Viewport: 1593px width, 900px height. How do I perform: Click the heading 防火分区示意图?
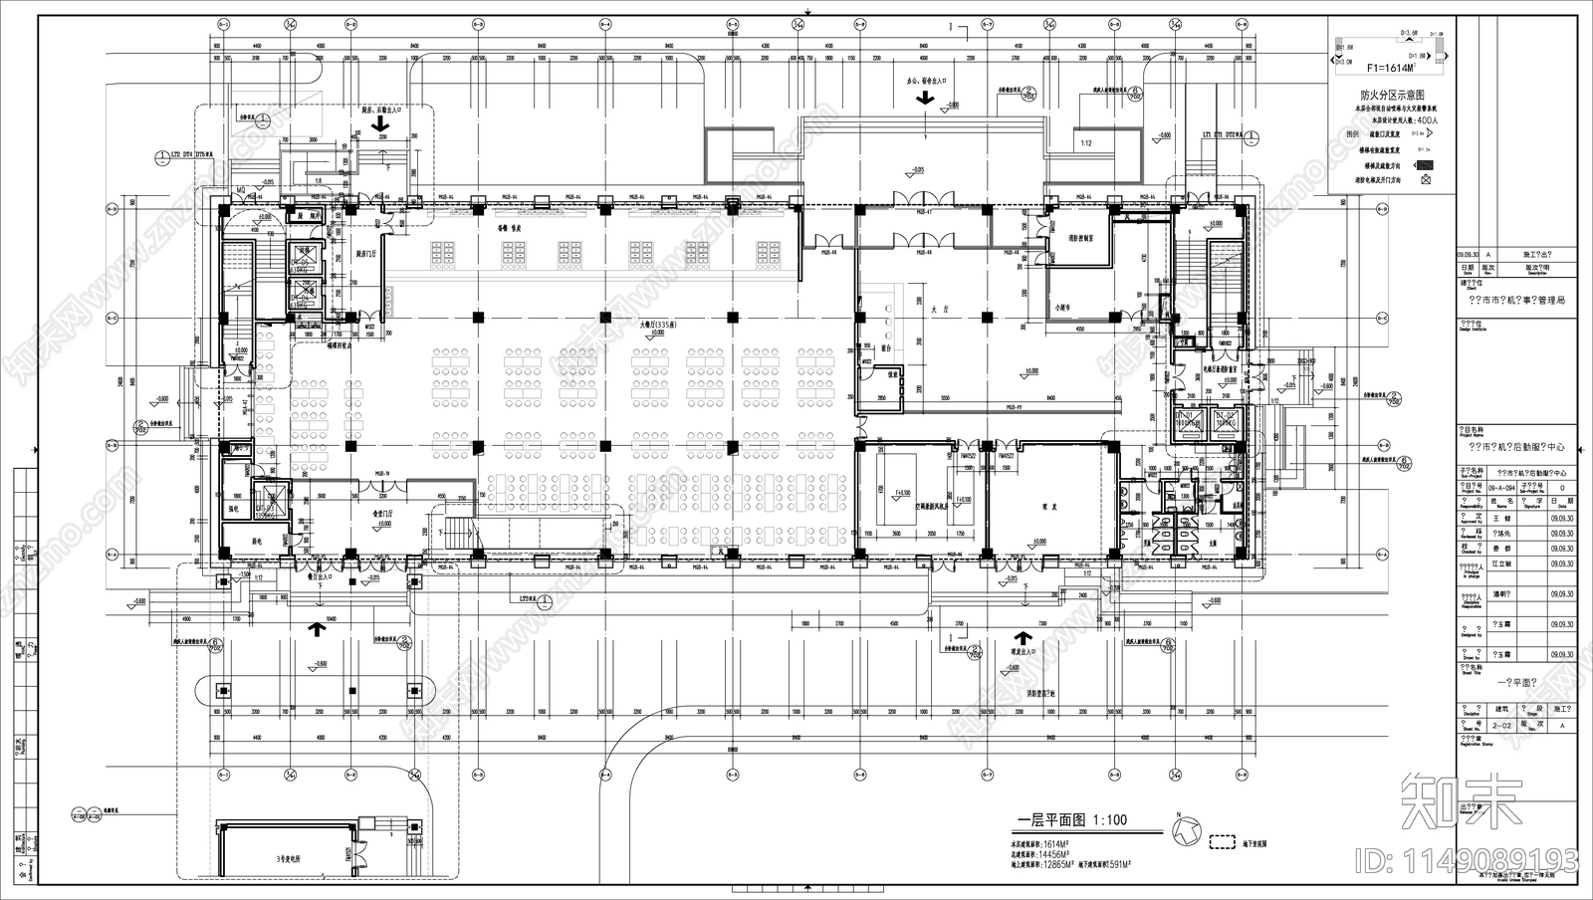[x=1391, y=94]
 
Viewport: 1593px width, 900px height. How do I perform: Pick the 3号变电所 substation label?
[x=290, y=857]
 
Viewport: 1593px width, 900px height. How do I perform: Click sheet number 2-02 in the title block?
[x=1499, y=726]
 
